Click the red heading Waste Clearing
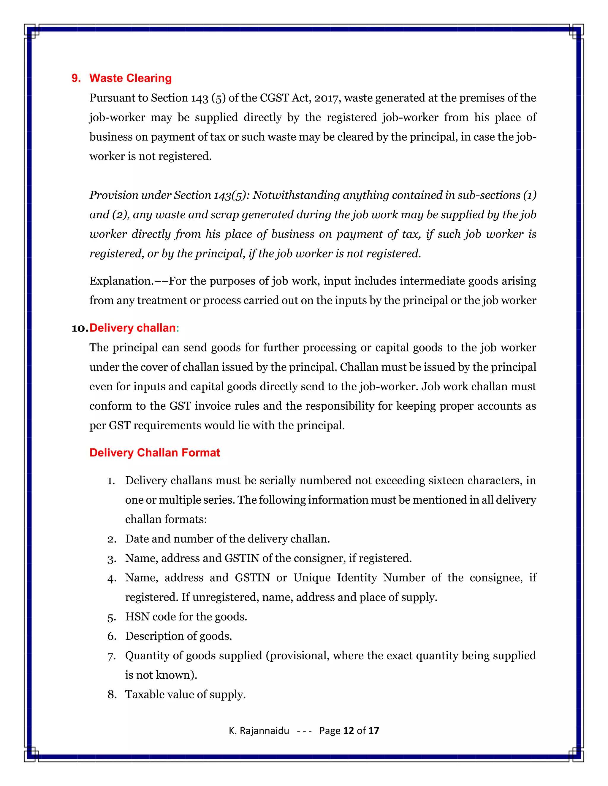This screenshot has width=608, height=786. [130, 78]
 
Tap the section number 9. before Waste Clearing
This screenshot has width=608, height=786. [76, 78]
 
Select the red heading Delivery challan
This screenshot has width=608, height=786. [132, 328]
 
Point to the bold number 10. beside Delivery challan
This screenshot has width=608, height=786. [80, 328]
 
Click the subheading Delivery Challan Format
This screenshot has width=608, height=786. [154, 452]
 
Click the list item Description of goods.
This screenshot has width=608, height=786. [178, 636]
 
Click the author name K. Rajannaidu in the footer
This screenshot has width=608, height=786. [259, 731]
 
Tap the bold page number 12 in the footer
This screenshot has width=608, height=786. [348, 731]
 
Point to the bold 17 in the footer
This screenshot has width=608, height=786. [373, 731]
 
